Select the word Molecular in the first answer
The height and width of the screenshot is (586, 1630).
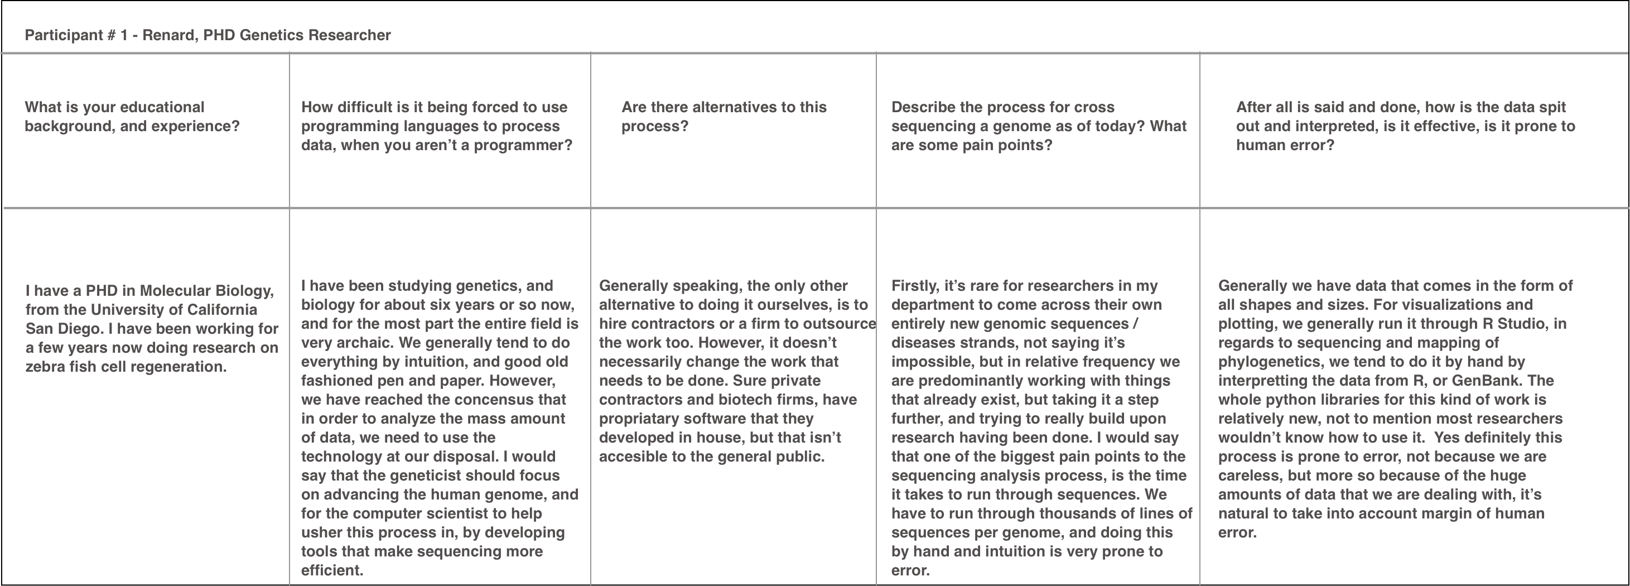pyautogui.click(x=175, y=291)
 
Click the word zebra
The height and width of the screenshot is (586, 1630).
pyautogui.click(x=46, y=367)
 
